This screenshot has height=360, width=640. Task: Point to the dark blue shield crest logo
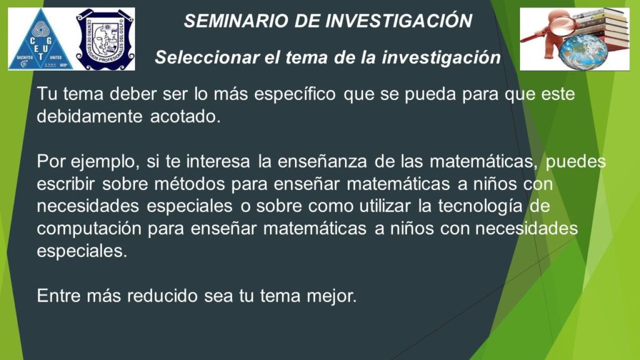[105, 39]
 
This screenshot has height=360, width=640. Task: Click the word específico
[295, 94]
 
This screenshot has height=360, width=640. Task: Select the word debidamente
[89, 117]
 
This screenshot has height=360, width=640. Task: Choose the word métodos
[190, 184]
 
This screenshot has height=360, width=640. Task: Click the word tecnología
[481, 206]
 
